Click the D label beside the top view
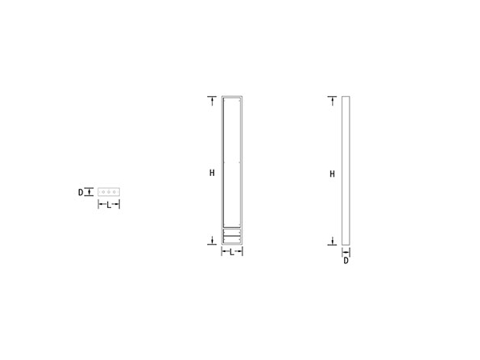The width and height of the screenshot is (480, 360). point(80,192)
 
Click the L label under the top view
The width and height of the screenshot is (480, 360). point(109,206)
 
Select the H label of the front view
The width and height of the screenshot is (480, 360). point(212,172)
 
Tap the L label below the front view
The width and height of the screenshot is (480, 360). point(231,253)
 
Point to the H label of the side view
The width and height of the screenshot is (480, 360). point(332,173)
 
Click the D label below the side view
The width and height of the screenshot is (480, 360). point(346,260)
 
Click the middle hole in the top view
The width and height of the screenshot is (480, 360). point(109,192)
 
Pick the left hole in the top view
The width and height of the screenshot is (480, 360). point(103,192)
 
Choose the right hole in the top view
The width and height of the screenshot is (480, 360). point(115,192)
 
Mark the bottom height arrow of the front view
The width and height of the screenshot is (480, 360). point(212,240)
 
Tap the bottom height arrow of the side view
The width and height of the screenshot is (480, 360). point(332,240)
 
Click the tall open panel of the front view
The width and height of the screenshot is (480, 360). point(231,160)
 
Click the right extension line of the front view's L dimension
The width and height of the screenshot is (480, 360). point(242,252)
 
